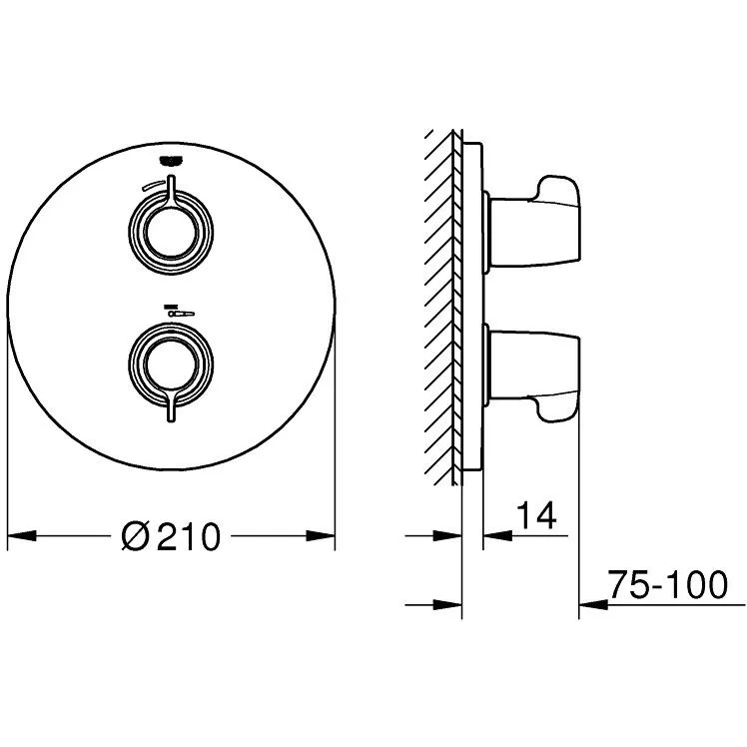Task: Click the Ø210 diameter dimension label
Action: pos(171,536)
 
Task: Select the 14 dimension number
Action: pos(536,515)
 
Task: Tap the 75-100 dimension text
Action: pos(668,584)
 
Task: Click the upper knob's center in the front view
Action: pos(171,233)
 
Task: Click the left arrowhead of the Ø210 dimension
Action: pos(22,536)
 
